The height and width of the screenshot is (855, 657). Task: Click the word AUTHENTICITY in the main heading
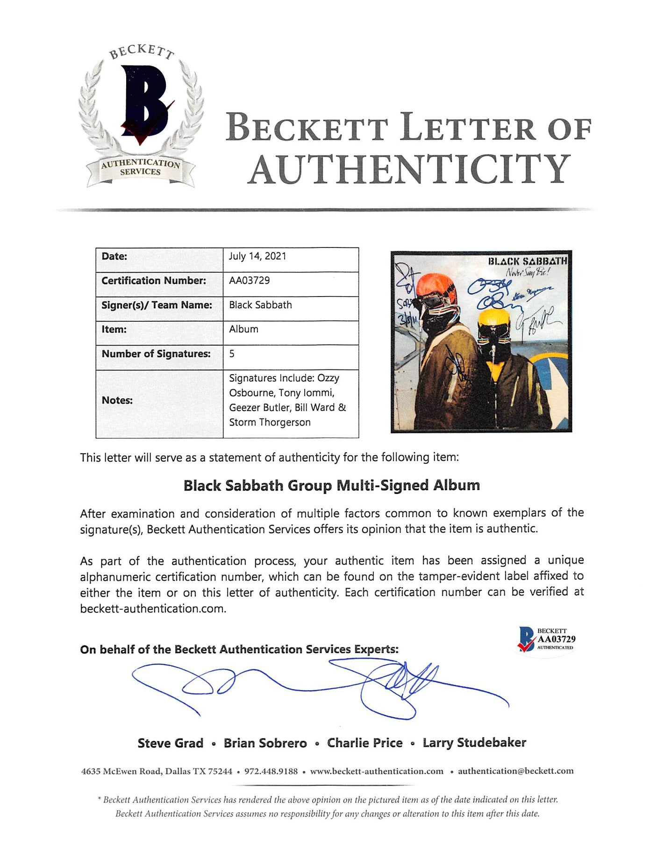[409, 169]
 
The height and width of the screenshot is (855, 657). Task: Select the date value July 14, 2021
[257, 256]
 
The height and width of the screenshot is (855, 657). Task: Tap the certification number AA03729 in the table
[250, 281]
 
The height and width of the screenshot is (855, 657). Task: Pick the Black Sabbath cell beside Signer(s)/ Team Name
[260, 305]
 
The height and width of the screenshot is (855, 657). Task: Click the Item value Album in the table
[243, 329]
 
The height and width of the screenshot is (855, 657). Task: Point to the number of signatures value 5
[232, 354]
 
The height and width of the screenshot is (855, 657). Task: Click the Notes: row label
[117, 400]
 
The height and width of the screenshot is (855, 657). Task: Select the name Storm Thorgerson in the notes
[270, 422]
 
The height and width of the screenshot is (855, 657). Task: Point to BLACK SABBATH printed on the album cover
[527, 261]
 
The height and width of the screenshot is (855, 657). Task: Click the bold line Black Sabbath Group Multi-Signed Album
[331, 485]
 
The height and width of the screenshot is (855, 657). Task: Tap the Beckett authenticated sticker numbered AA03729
[546, 639]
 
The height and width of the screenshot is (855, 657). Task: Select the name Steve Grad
[170, 743]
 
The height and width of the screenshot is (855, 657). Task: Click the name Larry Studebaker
[474, 743]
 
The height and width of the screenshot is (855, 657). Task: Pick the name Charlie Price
[364, 743]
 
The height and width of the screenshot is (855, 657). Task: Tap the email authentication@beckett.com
[515, 771]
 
